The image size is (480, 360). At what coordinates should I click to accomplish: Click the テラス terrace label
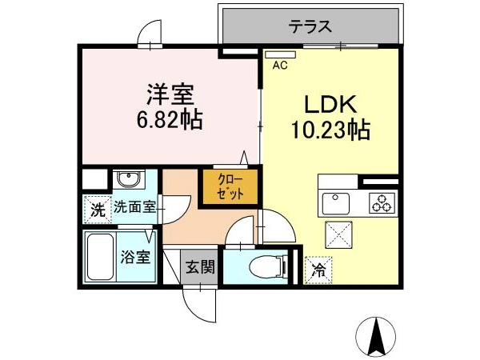pos(310,26)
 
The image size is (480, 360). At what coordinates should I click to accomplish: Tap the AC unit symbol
pos(281,54)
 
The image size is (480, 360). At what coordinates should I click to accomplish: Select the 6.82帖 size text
pos(170,119)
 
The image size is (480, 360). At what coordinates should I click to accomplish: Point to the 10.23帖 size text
pos(330,130)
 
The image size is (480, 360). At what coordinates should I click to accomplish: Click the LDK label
pos(330,104)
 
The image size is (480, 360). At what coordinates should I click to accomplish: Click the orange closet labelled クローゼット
pos(230,187)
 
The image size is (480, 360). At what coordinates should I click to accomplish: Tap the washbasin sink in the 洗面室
pos(129,179)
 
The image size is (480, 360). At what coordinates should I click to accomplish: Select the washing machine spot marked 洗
pos(98,210)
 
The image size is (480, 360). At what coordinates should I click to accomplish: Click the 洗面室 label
pos(134,207)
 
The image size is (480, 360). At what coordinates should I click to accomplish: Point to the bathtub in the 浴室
pos(101,257)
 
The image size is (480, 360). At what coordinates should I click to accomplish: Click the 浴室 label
pos(136,257)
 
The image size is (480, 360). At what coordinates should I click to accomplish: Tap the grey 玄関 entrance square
pos(199,267)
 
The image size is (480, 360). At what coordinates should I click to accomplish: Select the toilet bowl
pos(268,266)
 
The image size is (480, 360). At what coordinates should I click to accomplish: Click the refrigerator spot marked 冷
pos(318,270)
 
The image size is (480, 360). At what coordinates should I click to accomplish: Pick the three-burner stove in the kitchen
pos(382,203)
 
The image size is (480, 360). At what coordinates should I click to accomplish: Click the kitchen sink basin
pos(336,203)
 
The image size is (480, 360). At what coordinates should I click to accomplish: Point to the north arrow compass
pos(376,337)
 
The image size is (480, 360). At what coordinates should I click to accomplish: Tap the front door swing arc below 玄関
pos(194,309)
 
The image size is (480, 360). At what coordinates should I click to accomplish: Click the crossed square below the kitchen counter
pos(338,234)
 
